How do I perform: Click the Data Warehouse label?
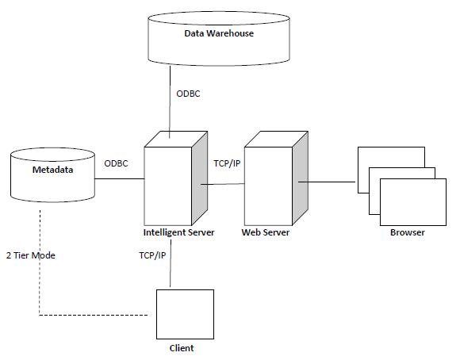[x=219, y=33]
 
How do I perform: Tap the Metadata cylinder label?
[x=53, y=170]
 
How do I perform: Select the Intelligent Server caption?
[x=178, y=232]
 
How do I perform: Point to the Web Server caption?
[x=266, y=232]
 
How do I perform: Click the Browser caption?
[x=408, y=232]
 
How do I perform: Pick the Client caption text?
[x=182, y=348]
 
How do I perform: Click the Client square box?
[x=185, y=314]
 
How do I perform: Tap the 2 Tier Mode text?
[x=31, y=255]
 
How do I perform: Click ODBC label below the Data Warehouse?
[x=188, y=94]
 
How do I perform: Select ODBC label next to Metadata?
[x=116, y=163]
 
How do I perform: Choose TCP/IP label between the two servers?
[x=227, y=163]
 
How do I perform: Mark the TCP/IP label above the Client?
[x=152, y=255]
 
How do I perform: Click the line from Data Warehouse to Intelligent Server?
[x=170, y=101]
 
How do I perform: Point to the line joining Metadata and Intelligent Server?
[x=120, y=178]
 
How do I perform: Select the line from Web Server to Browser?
[x=327, y=182]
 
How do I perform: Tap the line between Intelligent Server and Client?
[x=171, y=263]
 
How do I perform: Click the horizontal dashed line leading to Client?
[x=94, y=316]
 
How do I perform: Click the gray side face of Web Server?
[x=300, y=178]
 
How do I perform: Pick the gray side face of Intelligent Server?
[x=200, y=178]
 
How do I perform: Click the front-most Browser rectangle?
[x=413, y=202]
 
